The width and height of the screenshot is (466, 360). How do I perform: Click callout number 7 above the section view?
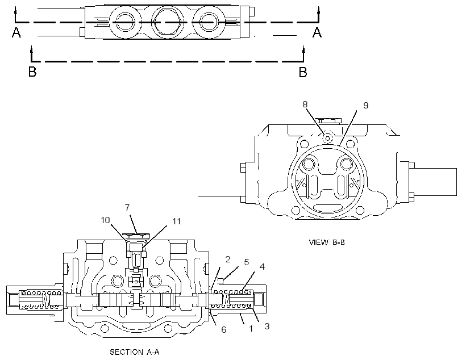click(x=127, y=208)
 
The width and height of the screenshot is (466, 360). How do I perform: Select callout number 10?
click(x=105, y=220)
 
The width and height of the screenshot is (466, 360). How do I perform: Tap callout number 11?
click(x=177, y=221)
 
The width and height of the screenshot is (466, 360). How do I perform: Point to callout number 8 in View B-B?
click(x=305, y=104)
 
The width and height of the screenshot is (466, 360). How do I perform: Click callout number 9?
click(x=366, y=106)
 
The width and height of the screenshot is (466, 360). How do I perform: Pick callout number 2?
click(x=228, y=259)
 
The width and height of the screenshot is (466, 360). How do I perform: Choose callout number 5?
click(x=247, y=262)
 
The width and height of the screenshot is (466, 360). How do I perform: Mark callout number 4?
click(x=262, y=267)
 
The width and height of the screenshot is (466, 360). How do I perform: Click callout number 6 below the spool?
click(x=223, y=329)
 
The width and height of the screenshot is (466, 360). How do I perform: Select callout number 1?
click(x=251, y=329)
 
